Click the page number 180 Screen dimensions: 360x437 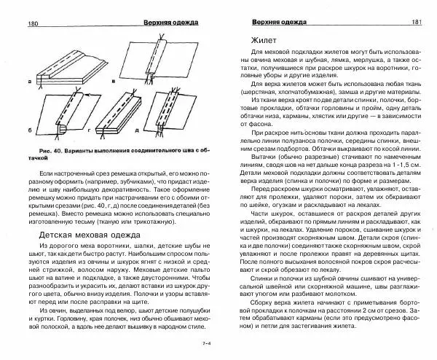(x=14, y=23)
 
